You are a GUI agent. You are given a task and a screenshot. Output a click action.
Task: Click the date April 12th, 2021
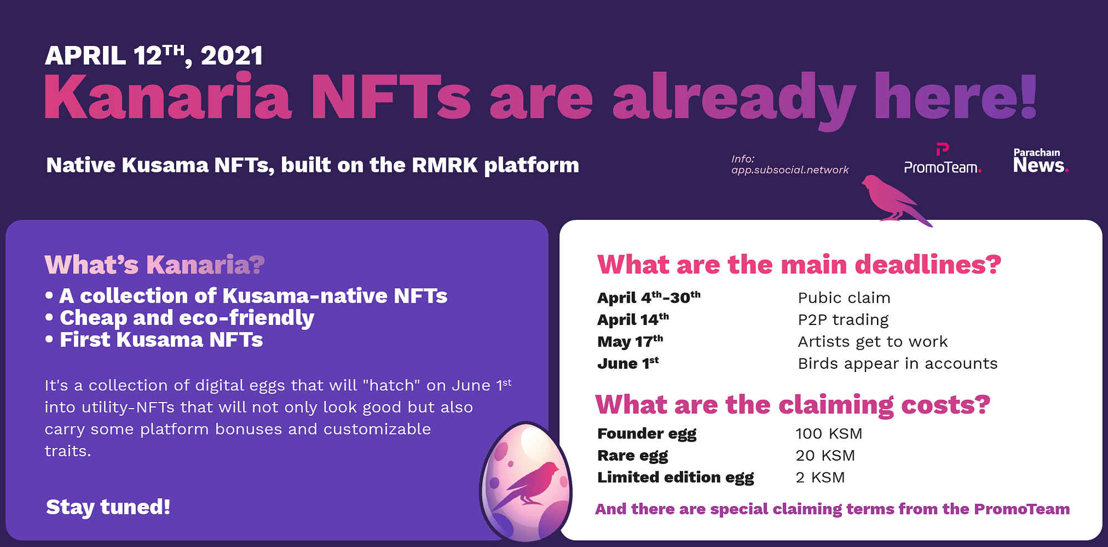coord(154,56)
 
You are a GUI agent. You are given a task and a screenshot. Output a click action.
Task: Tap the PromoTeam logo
coord(942,159)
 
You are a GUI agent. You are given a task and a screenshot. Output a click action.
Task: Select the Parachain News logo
coord(1040,161)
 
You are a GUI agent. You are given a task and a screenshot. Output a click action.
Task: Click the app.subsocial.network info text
coord(789,164)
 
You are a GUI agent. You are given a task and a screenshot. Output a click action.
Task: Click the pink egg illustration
coord(525,482)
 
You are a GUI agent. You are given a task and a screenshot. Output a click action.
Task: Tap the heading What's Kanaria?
coord(155,265)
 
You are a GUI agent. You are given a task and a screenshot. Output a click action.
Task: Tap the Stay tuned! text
coord(108,507)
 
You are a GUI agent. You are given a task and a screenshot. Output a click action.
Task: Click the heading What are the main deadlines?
coord(799,265)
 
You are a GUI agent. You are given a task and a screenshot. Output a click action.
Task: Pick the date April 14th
coord(633,319)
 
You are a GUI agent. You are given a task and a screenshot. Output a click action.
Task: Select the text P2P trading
coord(843,320)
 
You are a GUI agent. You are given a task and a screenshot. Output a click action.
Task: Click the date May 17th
coord(630,341)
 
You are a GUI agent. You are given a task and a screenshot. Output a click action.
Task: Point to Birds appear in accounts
coord(897,364)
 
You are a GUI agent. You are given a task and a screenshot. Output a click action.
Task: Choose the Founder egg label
coord(647,434)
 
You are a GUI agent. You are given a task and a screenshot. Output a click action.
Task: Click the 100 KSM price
coord(829,434)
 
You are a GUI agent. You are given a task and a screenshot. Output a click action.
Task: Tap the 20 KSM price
coord(825,456)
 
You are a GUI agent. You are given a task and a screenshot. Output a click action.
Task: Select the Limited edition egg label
coord(675,478)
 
